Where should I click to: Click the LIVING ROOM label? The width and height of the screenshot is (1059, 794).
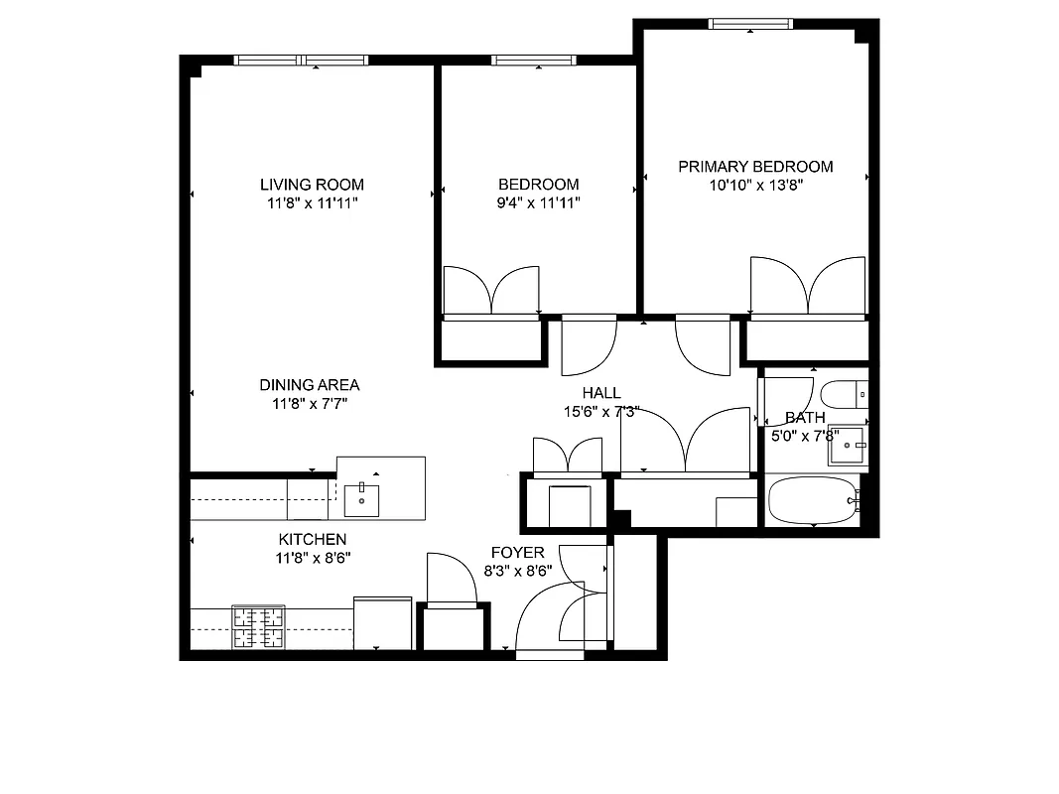click(x=312, y=185)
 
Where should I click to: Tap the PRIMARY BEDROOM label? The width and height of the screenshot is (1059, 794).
click(x=755, y=167)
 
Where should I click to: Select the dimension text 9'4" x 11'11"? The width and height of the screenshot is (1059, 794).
click(x=538, y=202)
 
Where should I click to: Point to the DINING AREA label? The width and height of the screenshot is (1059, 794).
click(x=310, y=385)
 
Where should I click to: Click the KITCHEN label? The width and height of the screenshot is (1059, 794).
click(x=312, y=539)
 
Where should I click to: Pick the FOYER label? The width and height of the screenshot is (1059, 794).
click(x=517, y=553)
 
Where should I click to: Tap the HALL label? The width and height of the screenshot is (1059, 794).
click(x=601, y=393)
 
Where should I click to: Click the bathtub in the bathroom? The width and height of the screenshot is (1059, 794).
click(x=811, y=501)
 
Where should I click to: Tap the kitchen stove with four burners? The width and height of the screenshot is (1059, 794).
click(x=258, y=627)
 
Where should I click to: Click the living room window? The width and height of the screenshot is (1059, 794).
click(x=301, y=61)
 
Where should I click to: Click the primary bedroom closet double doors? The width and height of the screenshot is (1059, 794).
click(x=808, y=287)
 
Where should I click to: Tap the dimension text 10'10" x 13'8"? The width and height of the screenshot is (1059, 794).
click(x=755, y=185)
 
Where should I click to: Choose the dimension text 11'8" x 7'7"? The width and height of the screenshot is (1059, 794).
click(x=310, y=403)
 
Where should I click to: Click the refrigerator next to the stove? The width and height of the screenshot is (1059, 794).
click(x=383, y=623)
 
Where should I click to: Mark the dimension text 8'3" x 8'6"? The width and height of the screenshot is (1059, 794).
click(x=517, y=571)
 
